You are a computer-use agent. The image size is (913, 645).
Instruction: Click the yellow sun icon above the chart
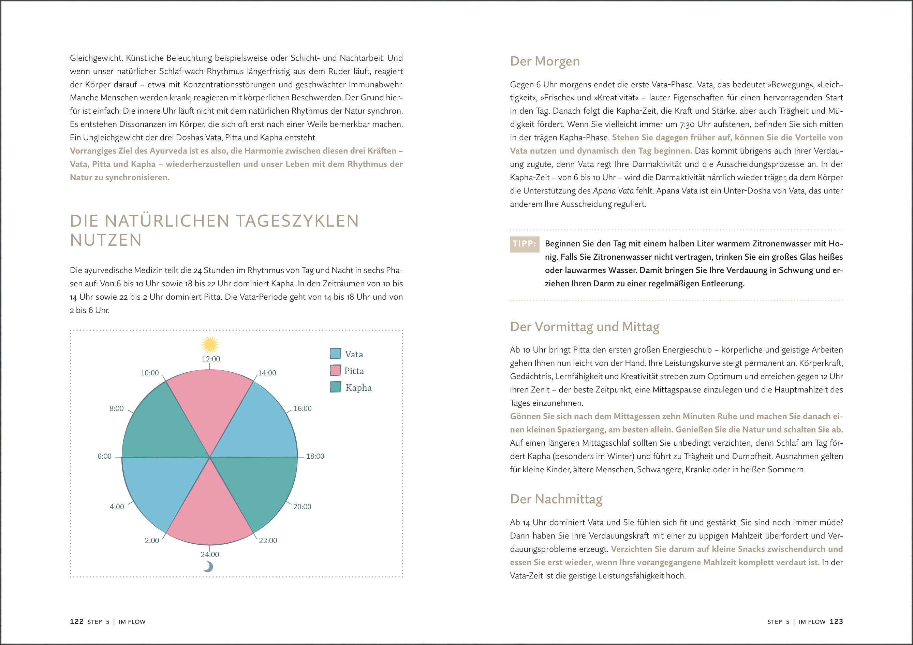(210, 345)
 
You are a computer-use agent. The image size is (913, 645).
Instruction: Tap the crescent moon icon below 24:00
(208, 566)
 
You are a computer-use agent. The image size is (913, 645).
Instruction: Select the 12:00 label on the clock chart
(211, 359)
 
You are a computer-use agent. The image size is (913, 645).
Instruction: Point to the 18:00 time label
(315, 456)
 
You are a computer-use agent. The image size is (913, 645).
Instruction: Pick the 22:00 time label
(268, 540)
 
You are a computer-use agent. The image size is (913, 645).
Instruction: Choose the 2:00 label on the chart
(152, 540)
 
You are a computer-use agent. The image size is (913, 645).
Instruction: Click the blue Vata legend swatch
(336, 353)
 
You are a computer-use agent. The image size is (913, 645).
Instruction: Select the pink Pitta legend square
(336, 370)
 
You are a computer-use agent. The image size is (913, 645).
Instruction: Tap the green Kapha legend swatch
(336, 387)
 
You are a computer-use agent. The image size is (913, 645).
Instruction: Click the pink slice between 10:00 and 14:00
(209, 402)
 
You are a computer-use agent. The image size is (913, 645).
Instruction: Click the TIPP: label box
(525, 244)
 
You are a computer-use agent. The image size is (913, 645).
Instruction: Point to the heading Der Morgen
(545, 61)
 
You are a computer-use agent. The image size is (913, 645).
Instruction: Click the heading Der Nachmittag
(556, 499)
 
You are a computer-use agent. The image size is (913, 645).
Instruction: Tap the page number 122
(77, 621)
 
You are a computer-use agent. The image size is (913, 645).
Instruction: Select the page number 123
(836, 621)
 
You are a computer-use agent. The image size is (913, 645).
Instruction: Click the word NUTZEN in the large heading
(106, 240)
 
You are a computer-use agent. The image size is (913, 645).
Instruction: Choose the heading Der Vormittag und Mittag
(585, 327)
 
